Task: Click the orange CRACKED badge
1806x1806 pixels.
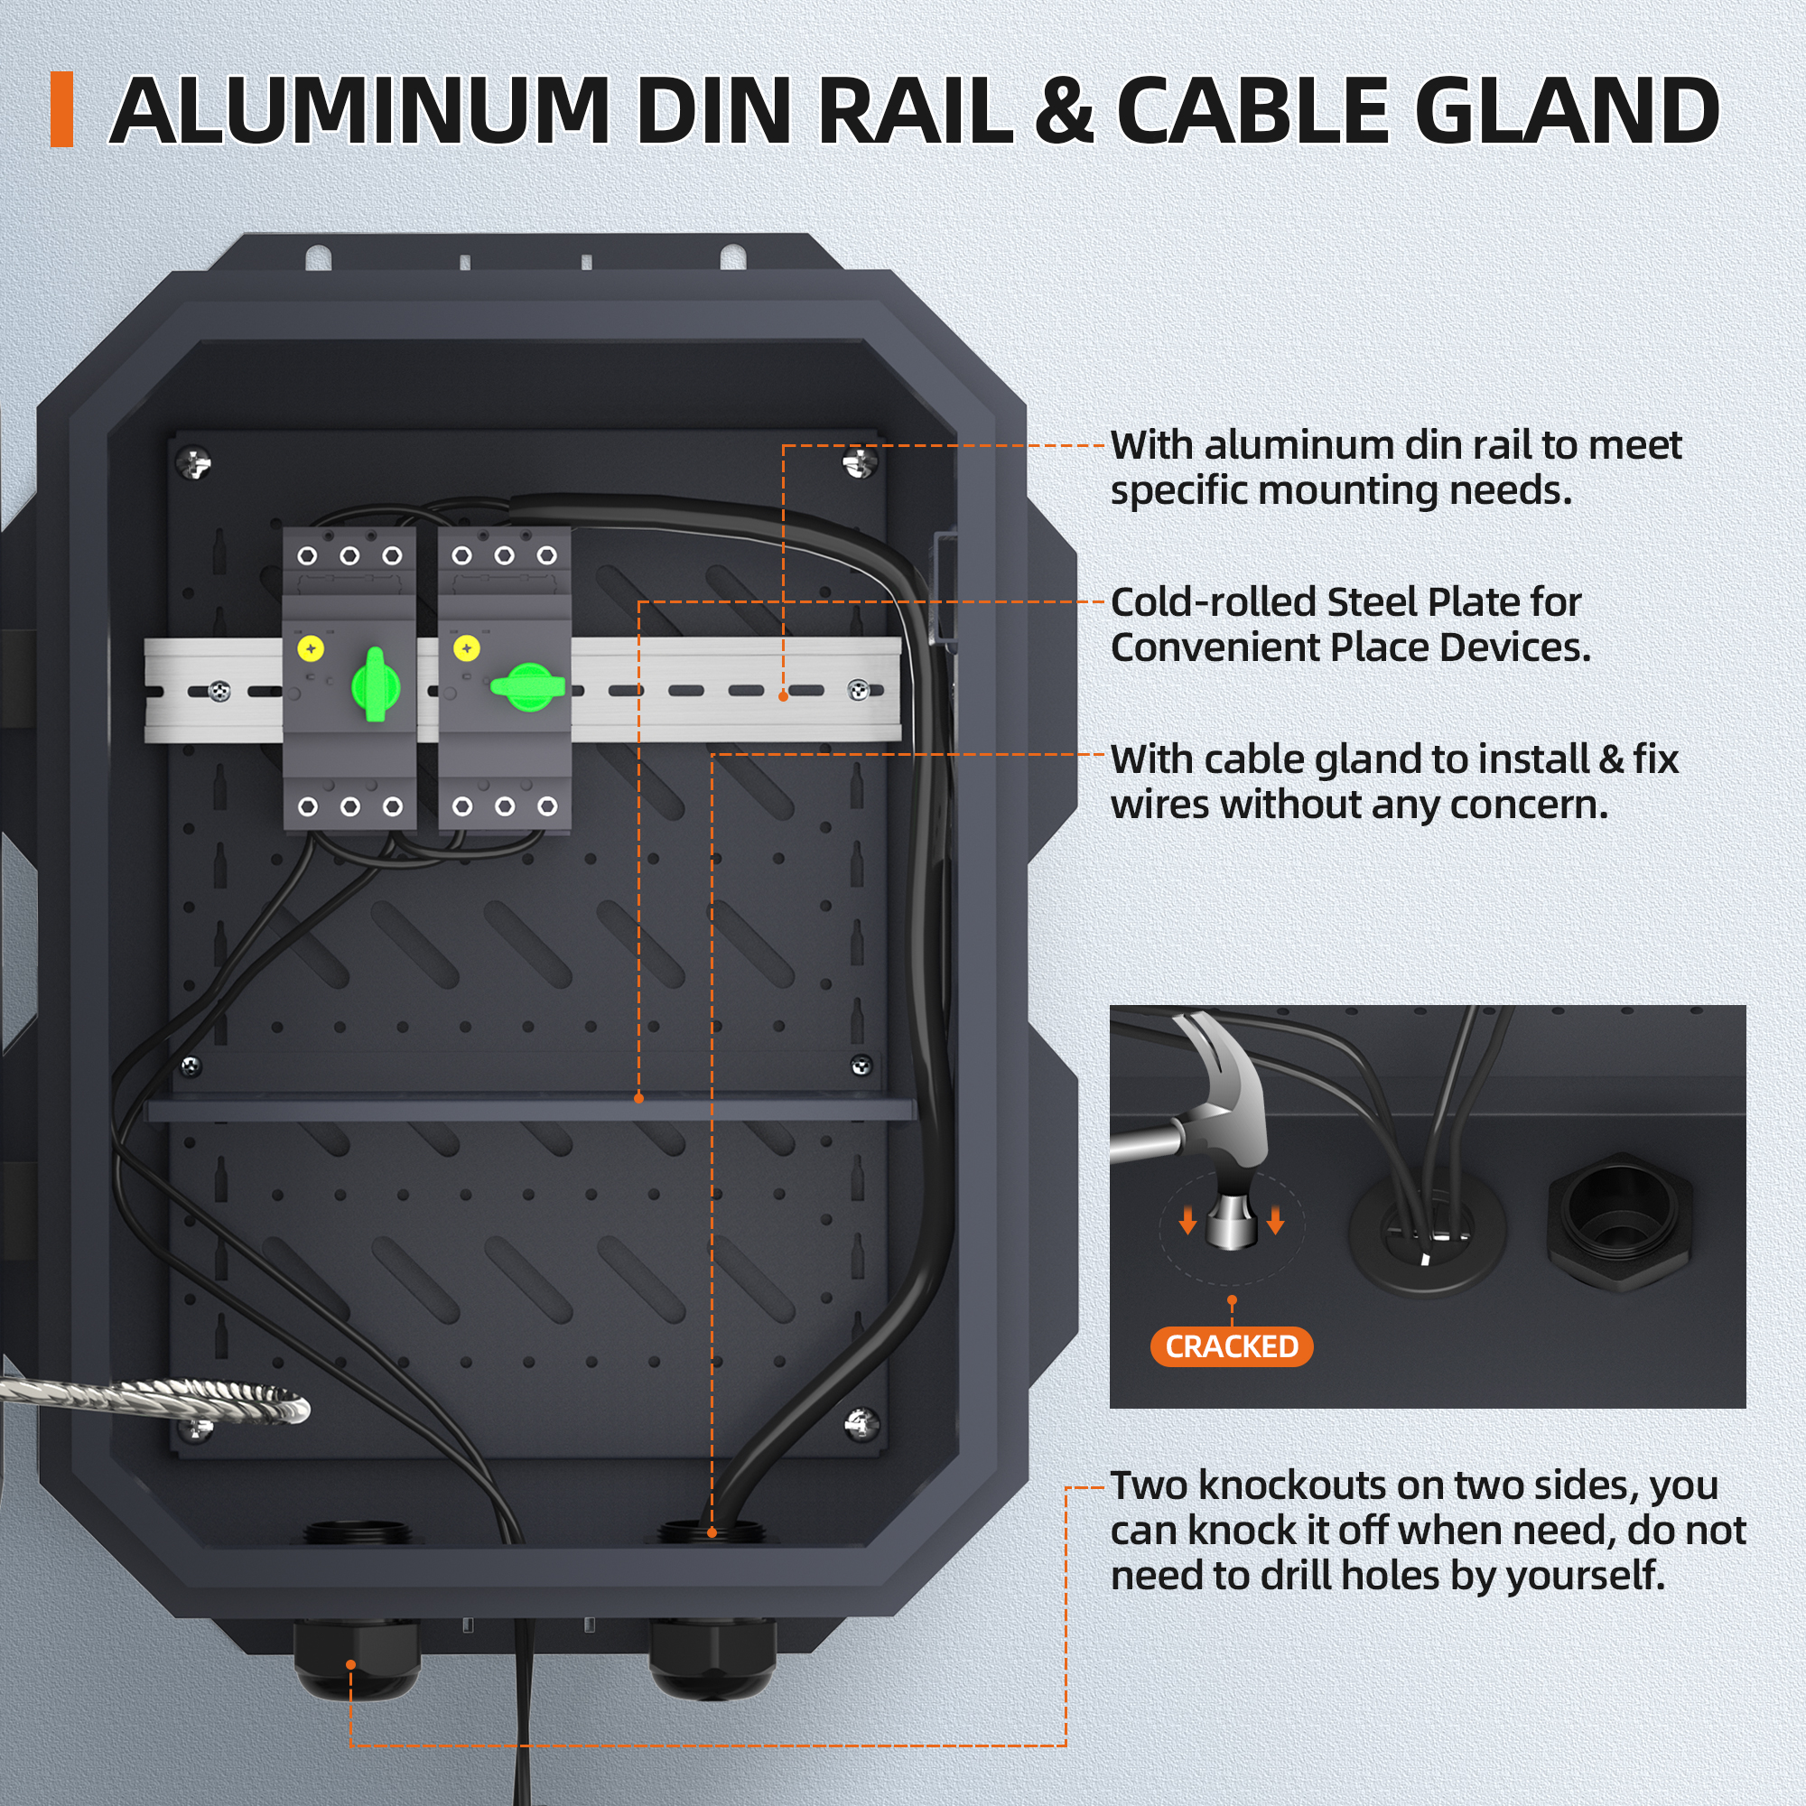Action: [x=1231, y=1346]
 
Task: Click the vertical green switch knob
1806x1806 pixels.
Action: [x=376, y=685]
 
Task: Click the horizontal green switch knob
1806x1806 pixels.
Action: [x=528, y=686]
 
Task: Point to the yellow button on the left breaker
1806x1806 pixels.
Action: [x=311, y=647]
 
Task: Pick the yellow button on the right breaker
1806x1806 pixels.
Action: [x=467, y=647]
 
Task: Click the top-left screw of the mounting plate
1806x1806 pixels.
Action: [x=194, y=461]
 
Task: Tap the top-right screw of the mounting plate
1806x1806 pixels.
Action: [x=858, y=461]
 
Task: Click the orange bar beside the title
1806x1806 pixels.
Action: [x=61, y=109]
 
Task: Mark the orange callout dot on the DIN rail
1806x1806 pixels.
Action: [x=783, y=696]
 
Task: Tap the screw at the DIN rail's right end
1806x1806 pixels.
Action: [x=857, y=690]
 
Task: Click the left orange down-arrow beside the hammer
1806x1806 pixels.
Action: [x=1187, y=1220]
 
